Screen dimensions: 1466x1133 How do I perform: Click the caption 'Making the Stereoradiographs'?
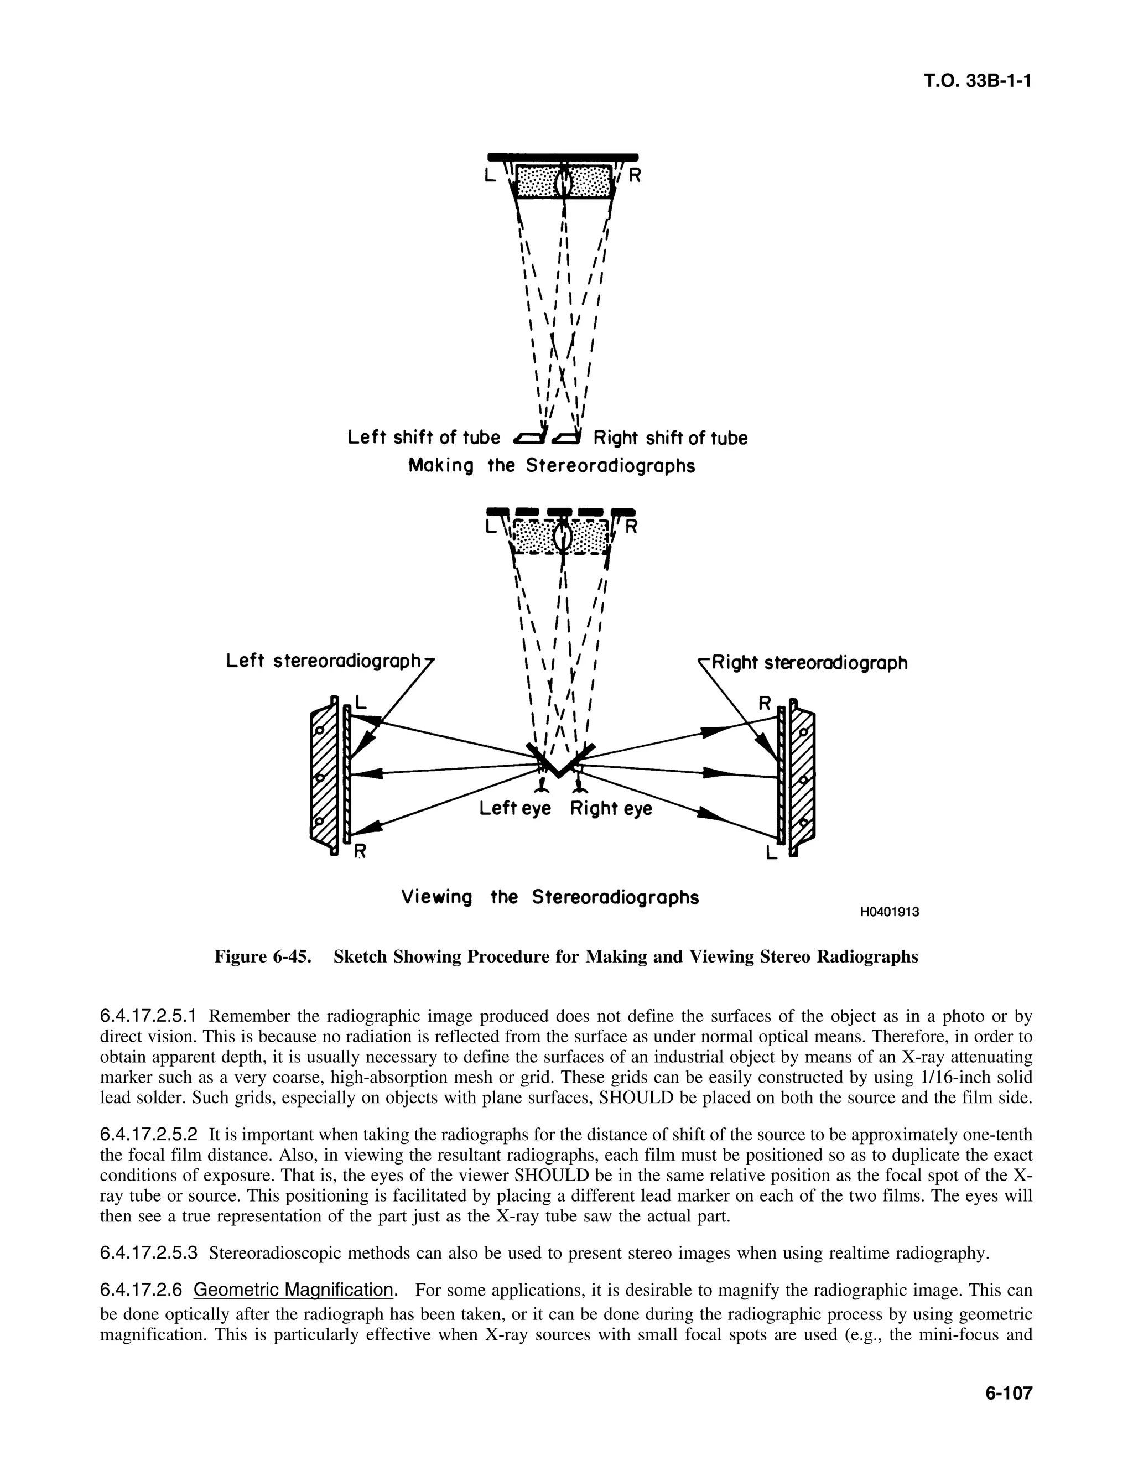click(x=552, y=466)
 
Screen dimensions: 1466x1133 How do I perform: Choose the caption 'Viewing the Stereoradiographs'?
click(x=550, y=897)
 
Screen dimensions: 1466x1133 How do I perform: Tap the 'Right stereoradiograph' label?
click(x=809, y=663)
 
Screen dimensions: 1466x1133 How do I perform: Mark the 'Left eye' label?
click(x=515, y=809)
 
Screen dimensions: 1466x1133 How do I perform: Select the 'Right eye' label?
click(x=611, y=809)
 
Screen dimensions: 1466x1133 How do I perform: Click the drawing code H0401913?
click(x=890, y=912)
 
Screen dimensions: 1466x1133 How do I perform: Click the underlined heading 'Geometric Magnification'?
click(x=293, y=1290)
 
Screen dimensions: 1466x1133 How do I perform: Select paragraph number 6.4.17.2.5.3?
click(x=149, y=1253)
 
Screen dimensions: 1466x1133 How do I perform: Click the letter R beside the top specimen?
click(x=635, y=176)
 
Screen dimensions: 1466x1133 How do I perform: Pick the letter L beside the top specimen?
click(x=490, y=176)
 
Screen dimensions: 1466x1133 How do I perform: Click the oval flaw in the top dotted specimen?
click(x=564, y=181)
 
